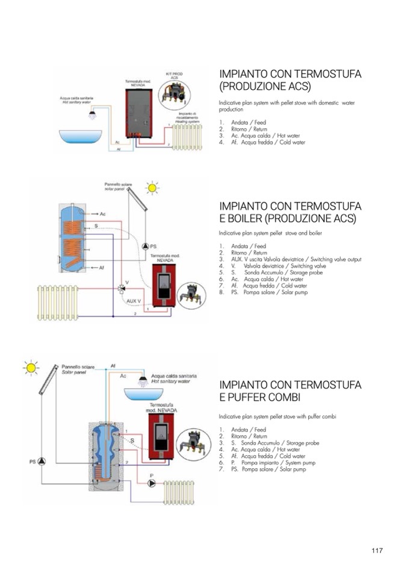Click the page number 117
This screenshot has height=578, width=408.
point(377,550)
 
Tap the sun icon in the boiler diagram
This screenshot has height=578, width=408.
point(153,188)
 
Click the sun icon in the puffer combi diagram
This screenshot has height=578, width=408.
point(31,368)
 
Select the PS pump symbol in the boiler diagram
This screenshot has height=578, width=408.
point(145,247)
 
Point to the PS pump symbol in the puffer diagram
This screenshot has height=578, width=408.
point(42,462)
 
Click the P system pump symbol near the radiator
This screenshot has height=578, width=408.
point(152,483)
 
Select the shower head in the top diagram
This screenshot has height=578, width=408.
point(92,115)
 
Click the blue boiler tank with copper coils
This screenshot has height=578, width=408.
point(75,238)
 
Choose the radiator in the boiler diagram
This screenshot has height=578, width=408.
point(58,302)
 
